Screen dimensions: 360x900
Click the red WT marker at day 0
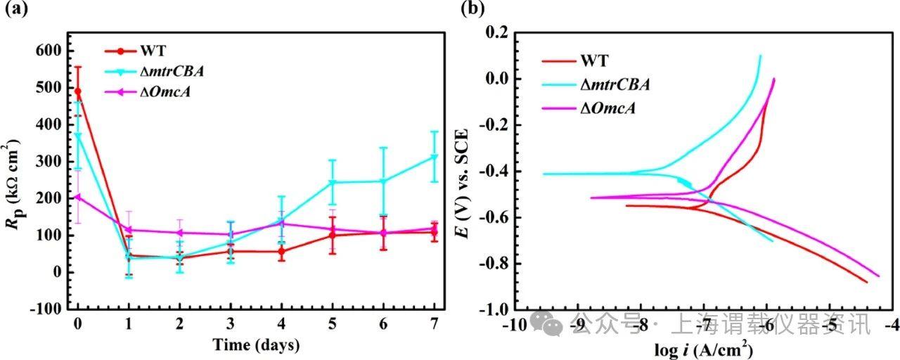77,91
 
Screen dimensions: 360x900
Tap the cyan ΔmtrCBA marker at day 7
434,157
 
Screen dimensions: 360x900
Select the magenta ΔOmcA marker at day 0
77,197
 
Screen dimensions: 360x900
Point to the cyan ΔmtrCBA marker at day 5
332,182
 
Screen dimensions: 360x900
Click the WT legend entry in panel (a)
153,51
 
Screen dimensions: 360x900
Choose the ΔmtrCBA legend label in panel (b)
615,85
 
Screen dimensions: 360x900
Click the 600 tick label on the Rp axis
51,51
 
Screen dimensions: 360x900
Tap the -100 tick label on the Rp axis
48,309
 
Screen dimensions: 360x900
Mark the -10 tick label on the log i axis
517,326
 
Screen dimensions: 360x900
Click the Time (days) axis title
256,345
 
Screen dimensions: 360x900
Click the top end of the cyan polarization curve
760,56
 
